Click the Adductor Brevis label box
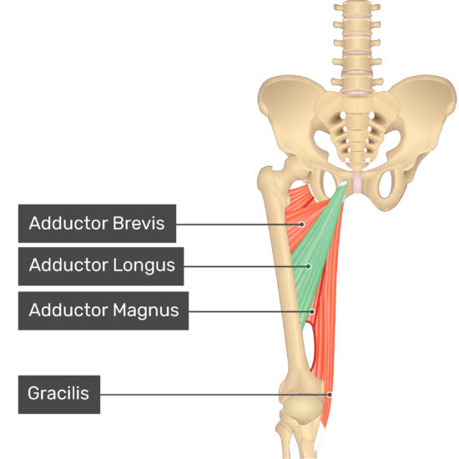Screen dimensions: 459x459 point(97,224)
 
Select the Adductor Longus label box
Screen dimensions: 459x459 point(101,266)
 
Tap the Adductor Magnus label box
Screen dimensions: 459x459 point(103,311)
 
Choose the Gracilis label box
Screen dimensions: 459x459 point(59,395)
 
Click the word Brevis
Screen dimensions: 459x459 point(139,224)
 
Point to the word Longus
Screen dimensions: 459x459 point(144,265)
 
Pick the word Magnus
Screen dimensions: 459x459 point(146,310)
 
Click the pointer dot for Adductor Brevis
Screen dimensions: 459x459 point(301,224)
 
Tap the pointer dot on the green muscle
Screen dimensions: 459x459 point(308,266)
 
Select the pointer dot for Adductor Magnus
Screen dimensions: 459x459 point(312,311)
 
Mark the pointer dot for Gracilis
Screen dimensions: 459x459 point(330,395)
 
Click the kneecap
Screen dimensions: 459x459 point(303,410)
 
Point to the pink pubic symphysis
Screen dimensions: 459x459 point(358,183)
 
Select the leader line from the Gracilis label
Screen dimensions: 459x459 point(214,395)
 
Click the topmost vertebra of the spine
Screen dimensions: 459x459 point(357,8)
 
